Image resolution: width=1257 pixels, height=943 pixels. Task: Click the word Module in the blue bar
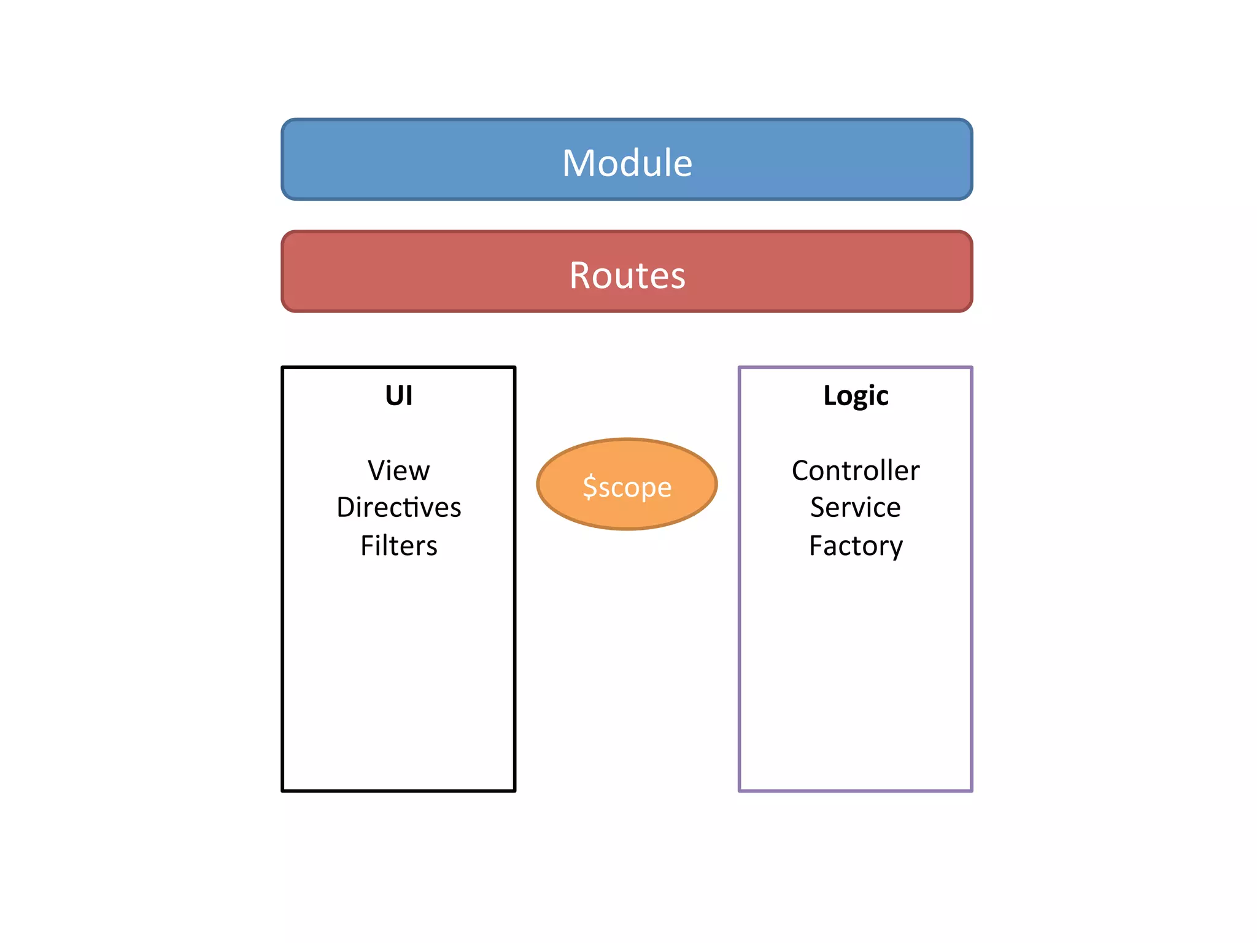point(627,163)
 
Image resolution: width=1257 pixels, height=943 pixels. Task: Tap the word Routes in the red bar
point(627,275)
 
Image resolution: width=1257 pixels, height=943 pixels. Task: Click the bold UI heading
point(398,395)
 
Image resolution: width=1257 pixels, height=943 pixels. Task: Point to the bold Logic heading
point(856,395)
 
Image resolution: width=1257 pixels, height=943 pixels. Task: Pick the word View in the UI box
point(398,471)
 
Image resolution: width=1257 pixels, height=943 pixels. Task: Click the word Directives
point(398,508)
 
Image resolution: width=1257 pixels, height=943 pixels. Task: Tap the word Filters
point(398,546)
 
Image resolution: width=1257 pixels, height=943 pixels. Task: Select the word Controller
point(856,471)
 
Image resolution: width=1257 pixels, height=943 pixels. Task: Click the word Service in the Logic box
point(856,508)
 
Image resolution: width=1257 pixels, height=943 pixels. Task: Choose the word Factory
point(856,546)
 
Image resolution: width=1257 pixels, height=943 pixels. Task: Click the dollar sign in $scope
point(589,487)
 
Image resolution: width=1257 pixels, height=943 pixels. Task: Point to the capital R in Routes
point(581,275)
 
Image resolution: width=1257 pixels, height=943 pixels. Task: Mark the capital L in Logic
point(830,395)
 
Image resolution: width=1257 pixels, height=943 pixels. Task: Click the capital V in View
point(377,471)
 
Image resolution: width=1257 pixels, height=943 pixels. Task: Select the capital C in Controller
point(802,471)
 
